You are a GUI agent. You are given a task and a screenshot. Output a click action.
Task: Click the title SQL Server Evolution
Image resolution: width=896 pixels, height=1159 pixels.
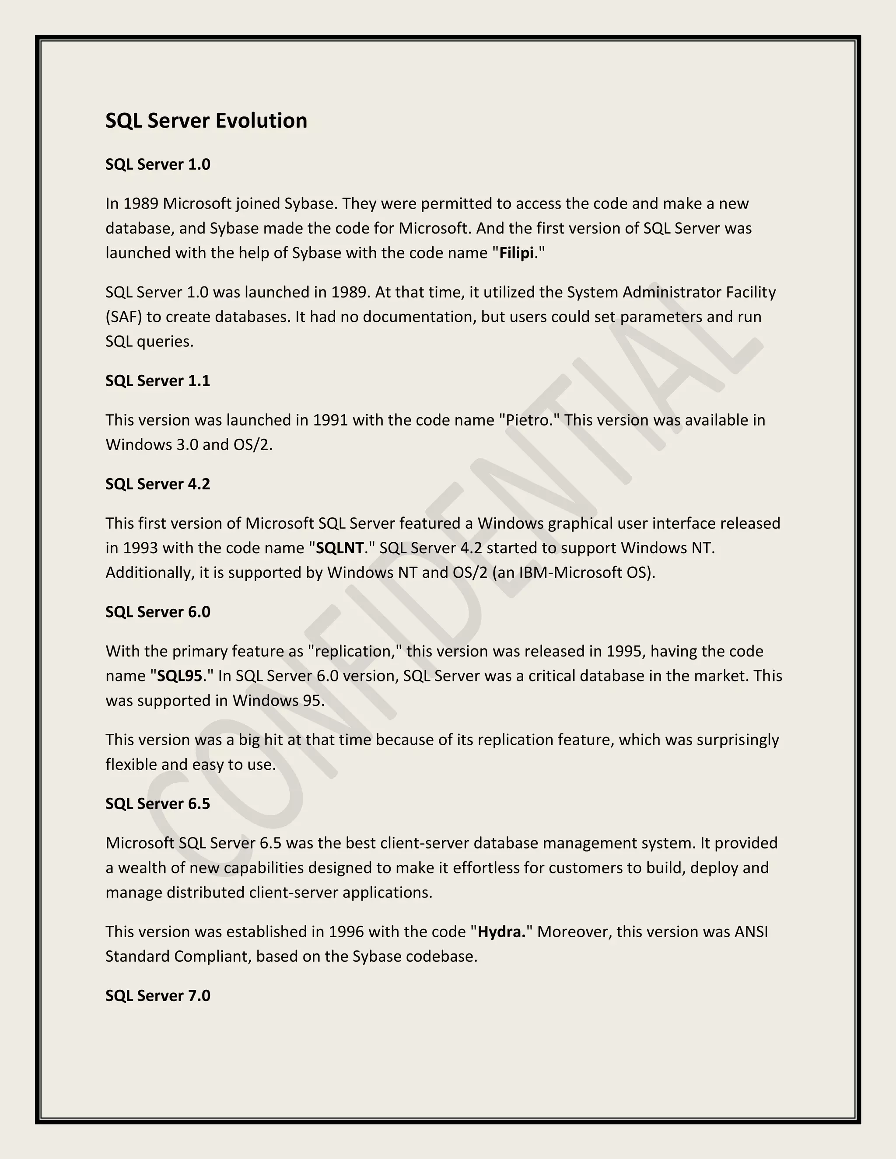[206, 120]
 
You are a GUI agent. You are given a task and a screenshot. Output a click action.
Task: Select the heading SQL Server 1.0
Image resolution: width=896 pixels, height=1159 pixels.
[157, 164]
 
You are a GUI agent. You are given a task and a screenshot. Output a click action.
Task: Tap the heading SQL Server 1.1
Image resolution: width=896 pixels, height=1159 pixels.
[157, 381]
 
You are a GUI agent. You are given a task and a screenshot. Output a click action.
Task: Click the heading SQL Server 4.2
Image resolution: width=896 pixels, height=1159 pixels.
[157, 484]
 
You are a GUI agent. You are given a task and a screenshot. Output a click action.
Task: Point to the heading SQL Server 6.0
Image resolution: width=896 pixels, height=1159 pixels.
[157, 612]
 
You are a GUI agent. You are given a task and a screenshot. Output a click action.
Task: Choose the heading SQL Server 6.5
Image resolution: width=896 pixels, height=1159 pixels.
[157, 803]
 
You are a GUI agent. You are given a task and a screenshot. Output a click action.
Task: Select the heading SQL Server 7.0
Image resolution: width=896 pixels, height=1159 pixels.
[157, 995]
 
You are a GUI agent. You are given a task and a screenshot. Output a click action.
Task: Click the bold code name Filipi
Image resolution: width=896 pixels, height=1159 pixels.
[517, 253]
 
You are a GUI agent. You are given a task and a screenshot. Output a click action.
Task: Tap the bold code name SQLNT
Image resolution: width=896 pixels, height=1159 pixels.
[339, 548]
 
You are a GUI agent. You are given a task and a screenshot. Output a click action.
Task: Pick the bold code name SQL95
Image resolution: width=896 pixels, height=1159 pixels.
[180, 676]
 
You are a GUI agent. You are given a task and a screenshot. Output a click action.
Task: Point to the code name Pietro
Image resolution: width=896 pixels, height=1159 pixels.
[528, 420]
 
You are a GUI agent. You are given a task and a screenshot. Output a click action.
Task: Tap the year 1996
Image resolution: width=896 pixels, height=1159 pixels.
[346, 932]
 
